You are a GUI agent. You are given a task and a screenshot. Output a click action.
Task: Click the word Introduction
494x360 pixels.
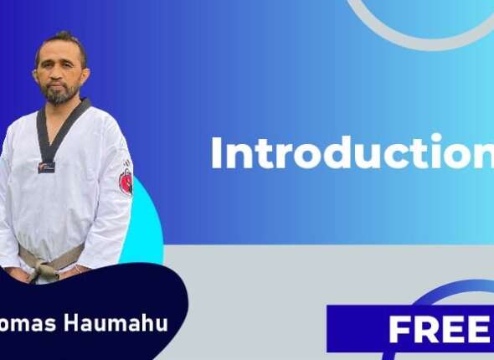(x=352, y=153)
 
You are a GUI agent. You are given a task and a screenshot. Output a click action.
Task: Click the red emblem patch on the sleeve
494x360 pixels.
(x=126, y=181)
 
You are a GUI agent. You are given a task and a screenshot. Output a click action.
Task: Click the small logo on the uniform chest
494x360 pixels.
(x=46, y=167)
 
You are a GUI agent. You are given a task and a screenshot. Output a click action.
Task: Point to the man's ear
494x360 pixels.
(x=85, y=72)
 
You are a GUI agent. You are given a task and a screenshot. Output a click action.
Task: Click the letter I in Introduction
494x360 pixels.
(x=216, y=153)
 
